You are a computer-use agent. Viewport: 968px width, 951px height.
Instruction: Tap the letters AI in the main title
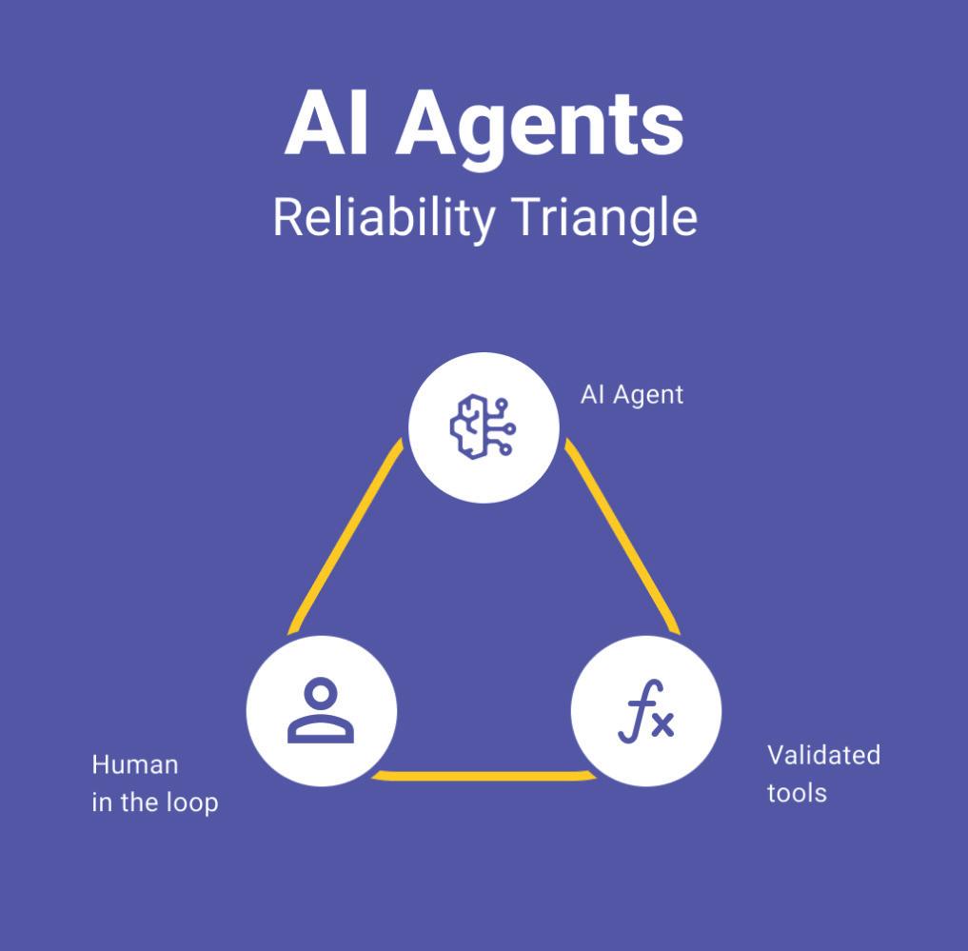click(326, 123)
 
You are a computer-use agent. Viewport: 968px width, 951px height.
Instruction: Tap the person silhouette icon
click(321, 710)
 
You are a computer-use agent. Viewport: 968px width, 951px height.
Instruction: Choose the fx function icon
click(645, 711)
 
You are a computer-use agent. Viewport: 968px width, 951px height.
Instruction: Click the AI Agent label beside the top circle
click(631, 394)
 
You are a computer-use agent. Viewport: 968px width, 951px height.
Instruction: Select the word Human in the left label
click(134, 764)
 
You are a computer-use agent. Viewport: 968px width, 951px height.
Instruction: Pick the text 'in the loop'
click(155, 802)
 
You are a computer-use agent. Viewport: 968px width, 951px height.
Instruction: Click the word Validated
click(823, 755)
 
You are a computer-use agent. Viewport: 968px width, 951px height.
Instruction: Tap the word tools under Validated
click(797, 793)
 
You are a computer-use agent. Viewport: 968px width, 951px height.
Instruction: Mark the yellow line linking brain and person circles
click(345, 537)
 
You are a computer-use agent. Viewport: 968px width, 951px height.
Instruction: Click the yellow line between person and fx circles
click(484, 776)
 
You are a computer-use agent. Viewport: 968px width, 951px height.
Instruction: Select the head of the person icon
click(322, 693)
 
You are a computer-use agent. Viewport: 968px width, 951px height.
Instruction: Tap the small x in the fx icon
click(662, 724)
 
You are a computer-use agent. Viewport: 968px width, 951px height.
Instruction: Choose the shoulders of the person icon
click(321, 729)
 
